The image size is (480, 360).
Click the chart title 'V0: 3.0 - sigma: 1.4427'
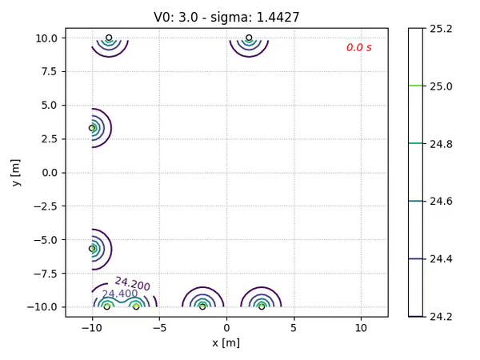click(226, 16)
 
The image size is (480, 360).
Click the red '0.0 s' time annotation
click(358, 47)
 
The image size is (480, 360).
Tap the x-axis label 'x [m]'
click(226, 342)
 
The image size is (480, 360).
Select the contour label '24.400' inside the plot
click(119, 294)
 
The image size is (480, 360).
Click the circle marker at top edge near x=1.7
click(249, 38)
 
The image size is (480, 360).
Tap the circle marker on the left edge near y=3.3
click(92, 128)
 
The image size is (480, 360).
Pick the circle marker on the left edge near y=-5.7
click(92, 249)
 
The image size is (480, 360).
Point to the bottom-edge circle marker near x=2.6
click(262, 306)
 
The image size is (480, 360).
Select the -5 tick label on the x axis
click(159, 327)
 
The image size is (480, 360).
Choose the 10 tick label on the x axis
click(361, 327)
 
